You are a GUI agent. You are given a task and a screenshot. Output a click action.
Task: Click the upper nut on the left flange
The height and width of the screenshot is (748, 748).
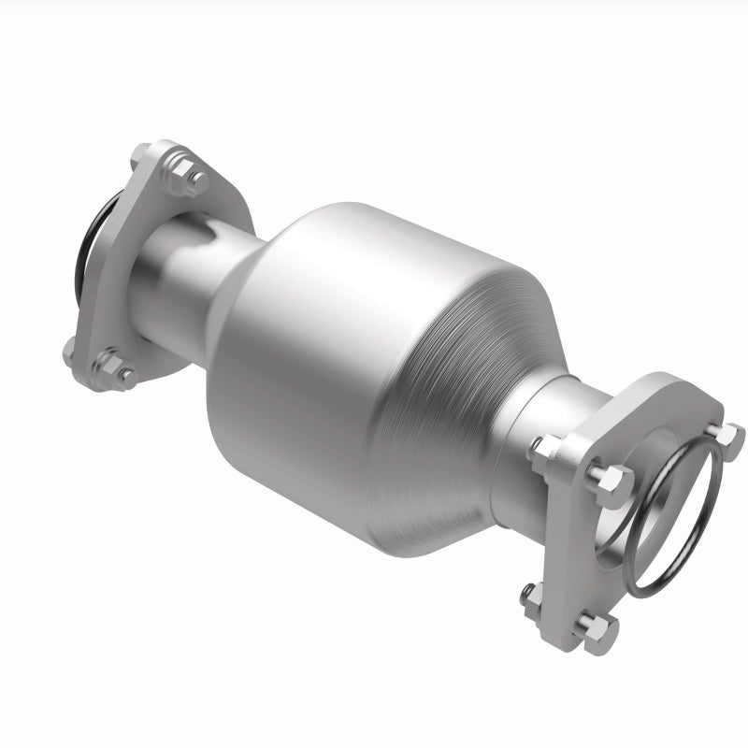[194, 180]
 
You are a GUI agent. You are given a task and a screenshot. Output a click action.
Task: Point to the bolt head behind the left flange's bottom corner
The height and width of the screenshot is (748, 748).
[70, 350]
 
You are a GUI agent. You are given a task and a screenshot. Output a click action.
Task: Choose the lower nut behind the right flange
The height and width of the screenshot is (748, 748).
[530, 598]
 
